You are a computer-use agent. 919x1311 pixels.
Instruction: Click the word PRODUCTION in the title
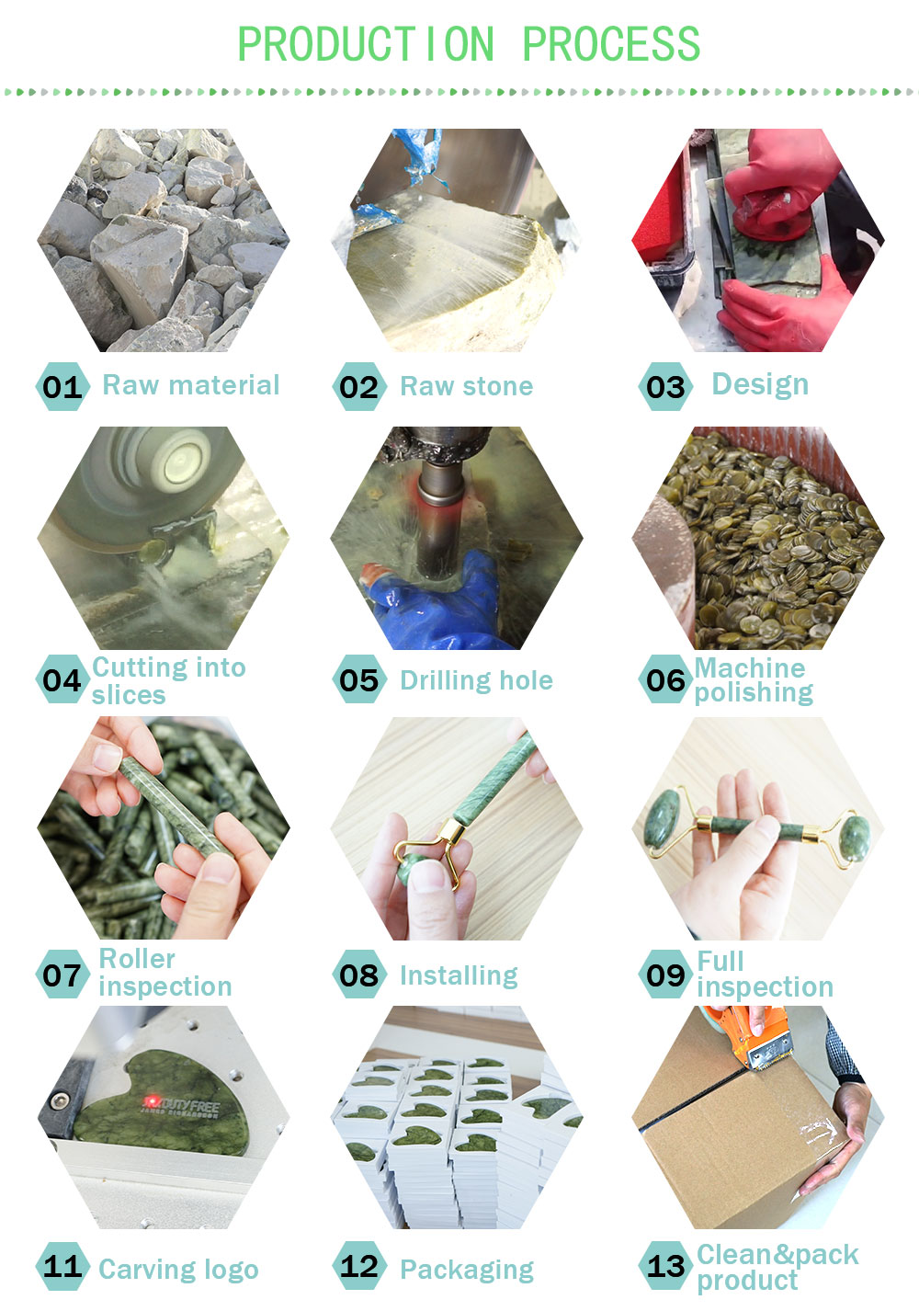pyautogui.click(x=366, y=44)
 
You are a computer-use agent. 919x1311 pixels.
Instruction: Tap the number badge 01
pyautogui.click(x=62, y=387)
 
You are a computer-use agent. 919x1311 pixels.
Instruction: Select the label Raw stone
pyautogui.click(x=466, y=386)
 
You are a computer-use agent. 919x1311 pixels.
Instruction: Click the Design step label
pyautogui.click(x=760, y=385)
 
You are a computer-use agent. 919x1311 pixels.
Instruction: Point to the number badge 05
pyautogui.click(x=359, y=679)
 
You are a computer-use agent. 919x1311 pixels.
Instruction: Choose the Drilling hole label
pyautogui.click(x=476, y=680)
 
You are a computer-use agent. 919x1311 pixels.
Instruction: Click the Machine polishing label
pyautogui.click(x=754, y=680)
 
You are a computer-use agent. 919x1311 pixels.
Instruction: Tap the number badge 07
pyautogui.click(x=62, y=975)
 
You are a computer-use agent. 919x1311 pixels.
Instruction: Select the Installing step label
pyautogui.click(x=459, y=975)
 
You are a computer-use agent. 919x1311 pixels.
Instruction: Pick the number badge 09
pyautogui.click(x=665, y=975)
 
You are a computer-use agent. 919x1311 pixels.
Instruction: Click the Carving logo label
pyautogui.click(x=178, y=1270)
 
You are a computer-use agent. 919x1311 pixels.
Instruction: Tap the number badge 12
pyautogui.click(x=359, y=1266)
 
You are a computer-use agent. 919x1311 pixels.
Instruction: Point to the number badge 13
pyautogui.click(x=665, y=1266)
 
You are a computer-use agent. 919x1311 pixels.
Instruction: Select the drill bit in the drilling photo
pyautogui.click(x=439, y=515)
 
